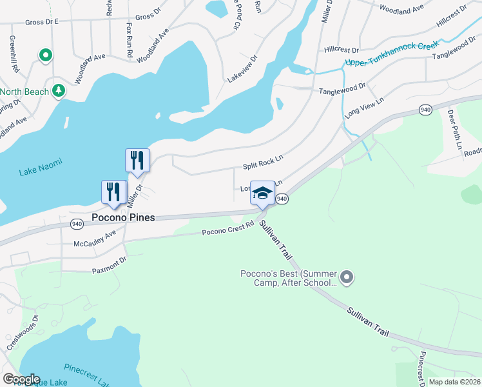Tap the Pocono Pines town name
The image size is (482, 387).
tap(123, 217)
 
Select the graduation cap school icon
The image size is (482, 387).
tap(262, 193)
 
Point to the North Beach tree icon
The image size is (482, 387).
tap(59, 90)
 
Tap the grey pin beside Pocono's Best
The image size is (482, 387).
tap(347, 278)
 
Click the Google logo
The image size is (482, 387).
tap(21, 379)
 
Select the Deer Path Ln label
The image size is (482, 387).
tap(454, 131)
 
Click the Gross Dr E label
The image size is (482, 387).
tap(41, 21)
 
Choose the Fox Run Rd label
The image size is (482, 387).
tap(129, 41)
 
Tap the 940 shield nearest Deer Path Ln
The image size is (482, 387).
tap(425, 110)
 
